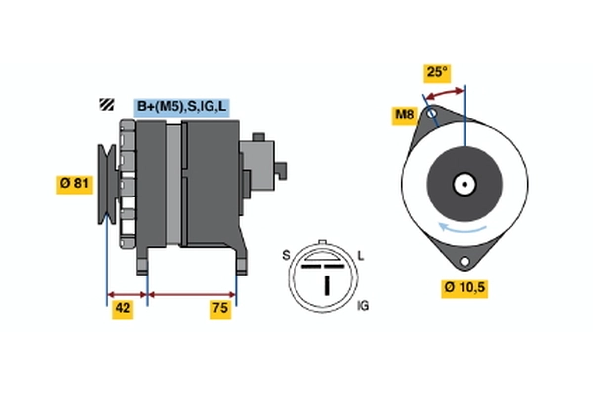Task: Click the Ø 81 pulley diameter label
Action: [74, 185]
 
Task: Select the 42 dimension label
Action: [123, 309]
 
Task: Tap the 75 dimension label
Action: [220, 309]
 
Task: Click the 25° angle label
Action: [437, 72]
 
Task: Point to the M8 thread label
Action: [404, 115]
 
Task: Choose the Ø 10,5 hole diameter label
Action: [465, 288]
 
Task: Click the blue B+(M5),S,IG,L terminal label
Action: [182, 107]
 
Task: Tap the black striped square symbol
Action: [107, 104]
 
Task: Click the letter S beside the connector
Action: [286, 256]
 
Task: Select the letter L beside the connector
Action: [361, 256]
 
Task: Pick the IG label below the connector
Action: [363, 306]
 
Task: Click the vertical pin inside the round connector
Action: [327, 285]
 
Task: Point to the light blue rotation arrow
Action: [463, 229]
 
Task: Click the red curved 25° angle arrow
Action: [443, 92]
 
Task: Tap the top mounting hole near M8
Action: [432, 113]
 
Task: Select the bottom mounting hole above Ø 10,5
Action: [465, 261]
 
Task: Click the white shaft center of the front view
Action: [465, 185]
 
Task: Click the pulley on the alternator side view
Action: [107, 185]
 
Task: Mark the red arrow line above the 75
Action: [192, 295]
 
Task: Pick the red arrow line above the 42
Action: [127, 295]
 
